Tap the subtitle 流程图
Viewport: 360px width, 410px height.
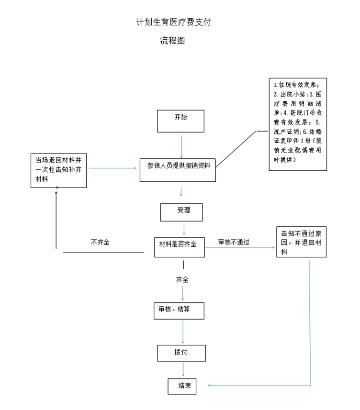coord(172,41)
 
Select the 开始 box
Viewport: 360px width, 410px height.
coord(181,121)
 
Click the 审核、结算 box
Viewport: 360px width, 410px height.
coord(179,310)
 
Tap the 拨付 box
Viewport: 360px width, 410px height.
coord(181,353)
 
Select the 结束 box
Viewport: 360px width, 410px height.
coord(181,386)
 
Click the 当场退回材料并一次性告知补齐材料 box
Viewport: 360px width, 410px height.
coord(58,170)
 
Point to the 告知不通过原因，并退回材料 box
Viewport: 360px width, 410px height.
coord(301,242)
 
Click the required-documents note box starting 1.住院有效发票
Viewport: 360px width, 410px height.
coord(297,124)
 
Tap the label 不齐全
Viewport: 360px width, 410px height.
coord(100,243)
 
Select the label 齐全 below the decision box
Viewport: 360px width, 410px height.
coord(182,280)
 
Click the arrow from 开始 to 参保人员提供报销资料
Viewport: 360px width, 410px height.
coord(181,145)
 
